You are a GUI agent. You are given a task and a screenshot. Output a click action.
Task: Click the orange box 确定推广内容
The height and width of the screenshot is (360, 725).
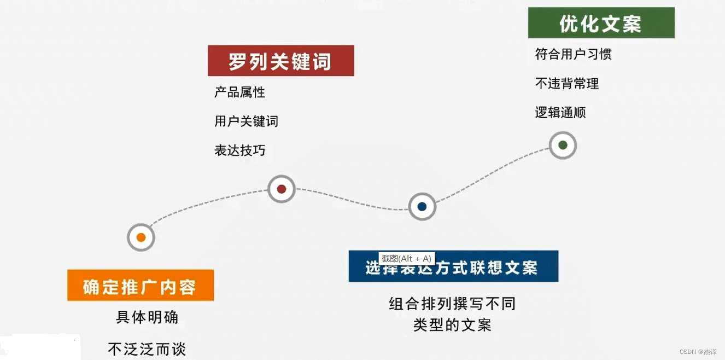coord(140,286)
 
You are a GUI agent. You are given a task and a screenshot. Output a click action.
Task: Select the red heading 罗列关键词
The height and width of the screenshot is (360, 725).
coord(280,61)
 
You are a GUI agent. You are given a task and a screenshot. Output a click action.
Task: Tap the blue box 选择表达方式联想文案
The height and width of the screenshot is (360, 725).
coord(453,267)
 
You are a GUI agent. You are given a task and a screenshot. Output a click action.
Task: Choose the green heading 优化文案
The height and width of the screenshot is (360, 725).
coord(601,23)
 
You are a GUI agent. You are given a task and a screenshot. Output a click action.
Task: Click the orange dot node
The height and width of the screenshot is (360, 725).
coord(141,237)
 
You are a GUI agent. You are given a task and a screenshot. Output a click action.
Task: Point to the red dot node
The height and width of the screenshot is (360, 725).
coord(282,189)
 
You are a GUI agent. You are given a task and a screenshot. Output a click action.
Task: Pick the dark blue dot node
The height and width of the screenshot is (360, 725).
coord(422,207)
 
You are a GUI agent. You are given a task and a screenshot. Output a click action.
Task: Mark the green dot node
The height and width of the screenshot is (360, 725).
coord(563,146)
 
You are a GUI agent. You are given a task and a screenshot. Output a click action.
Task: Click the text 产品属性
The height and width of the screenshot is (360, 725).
coord(239,92)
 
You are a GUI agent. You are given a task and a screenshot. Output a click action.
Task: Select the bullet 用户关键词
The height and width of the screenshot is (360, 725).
coord(246,121)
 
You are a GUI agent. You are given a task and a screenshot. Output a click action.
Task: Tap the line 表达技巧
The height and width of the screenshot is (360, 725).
coord(239,150)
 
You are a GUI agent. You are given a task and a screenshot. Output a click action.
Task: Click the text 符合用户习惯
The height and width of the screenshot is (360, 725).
coord(573,54)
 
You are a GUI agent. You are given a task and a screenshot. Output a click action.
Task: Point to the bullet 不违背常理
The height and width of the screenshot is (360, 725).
coord(566,84)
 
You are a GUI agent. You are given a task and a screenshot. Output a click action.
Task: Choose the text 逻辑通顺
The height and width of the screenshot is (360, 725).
coord(560,113)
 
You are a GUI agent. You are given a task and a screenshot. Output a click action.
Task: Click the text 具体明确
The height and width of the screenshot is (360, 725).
coord(147,317)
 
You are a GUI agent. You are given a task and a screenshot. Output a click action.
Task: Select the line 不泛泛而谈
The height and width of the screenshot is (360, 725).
coord(147,349)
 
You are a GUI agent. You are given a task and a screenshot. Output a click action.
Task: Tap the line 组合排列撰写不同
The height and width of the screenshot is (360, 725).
coord(452,304)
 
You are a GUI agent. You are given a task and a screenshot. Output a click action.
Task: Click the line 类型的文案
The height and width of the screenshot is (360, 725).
coord(452,325)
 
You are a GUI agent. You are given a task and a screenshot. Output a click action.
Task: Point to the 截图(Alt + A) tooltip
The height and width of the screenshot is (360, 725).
coord(406,259)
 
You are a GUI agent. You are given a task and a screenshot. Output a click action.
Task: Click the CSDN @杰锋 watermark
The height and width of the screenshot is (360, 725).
coord(698,352)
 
